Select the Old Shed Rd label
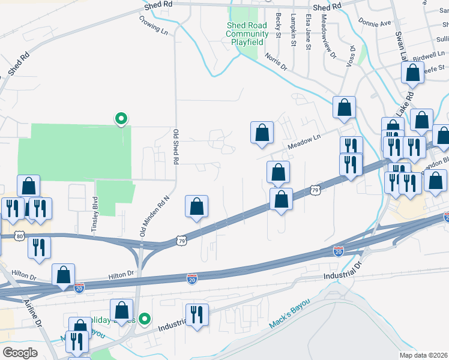click(176, 147)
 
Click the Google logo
click(20, 353)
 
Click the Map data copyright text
click(424, 355)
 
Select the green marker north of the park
click(121, 119)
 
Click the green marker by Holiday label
click(144, 319)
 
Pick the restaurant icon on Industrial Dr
click(196, 314)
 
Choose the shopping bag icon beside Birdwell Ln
click(412, 73)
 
